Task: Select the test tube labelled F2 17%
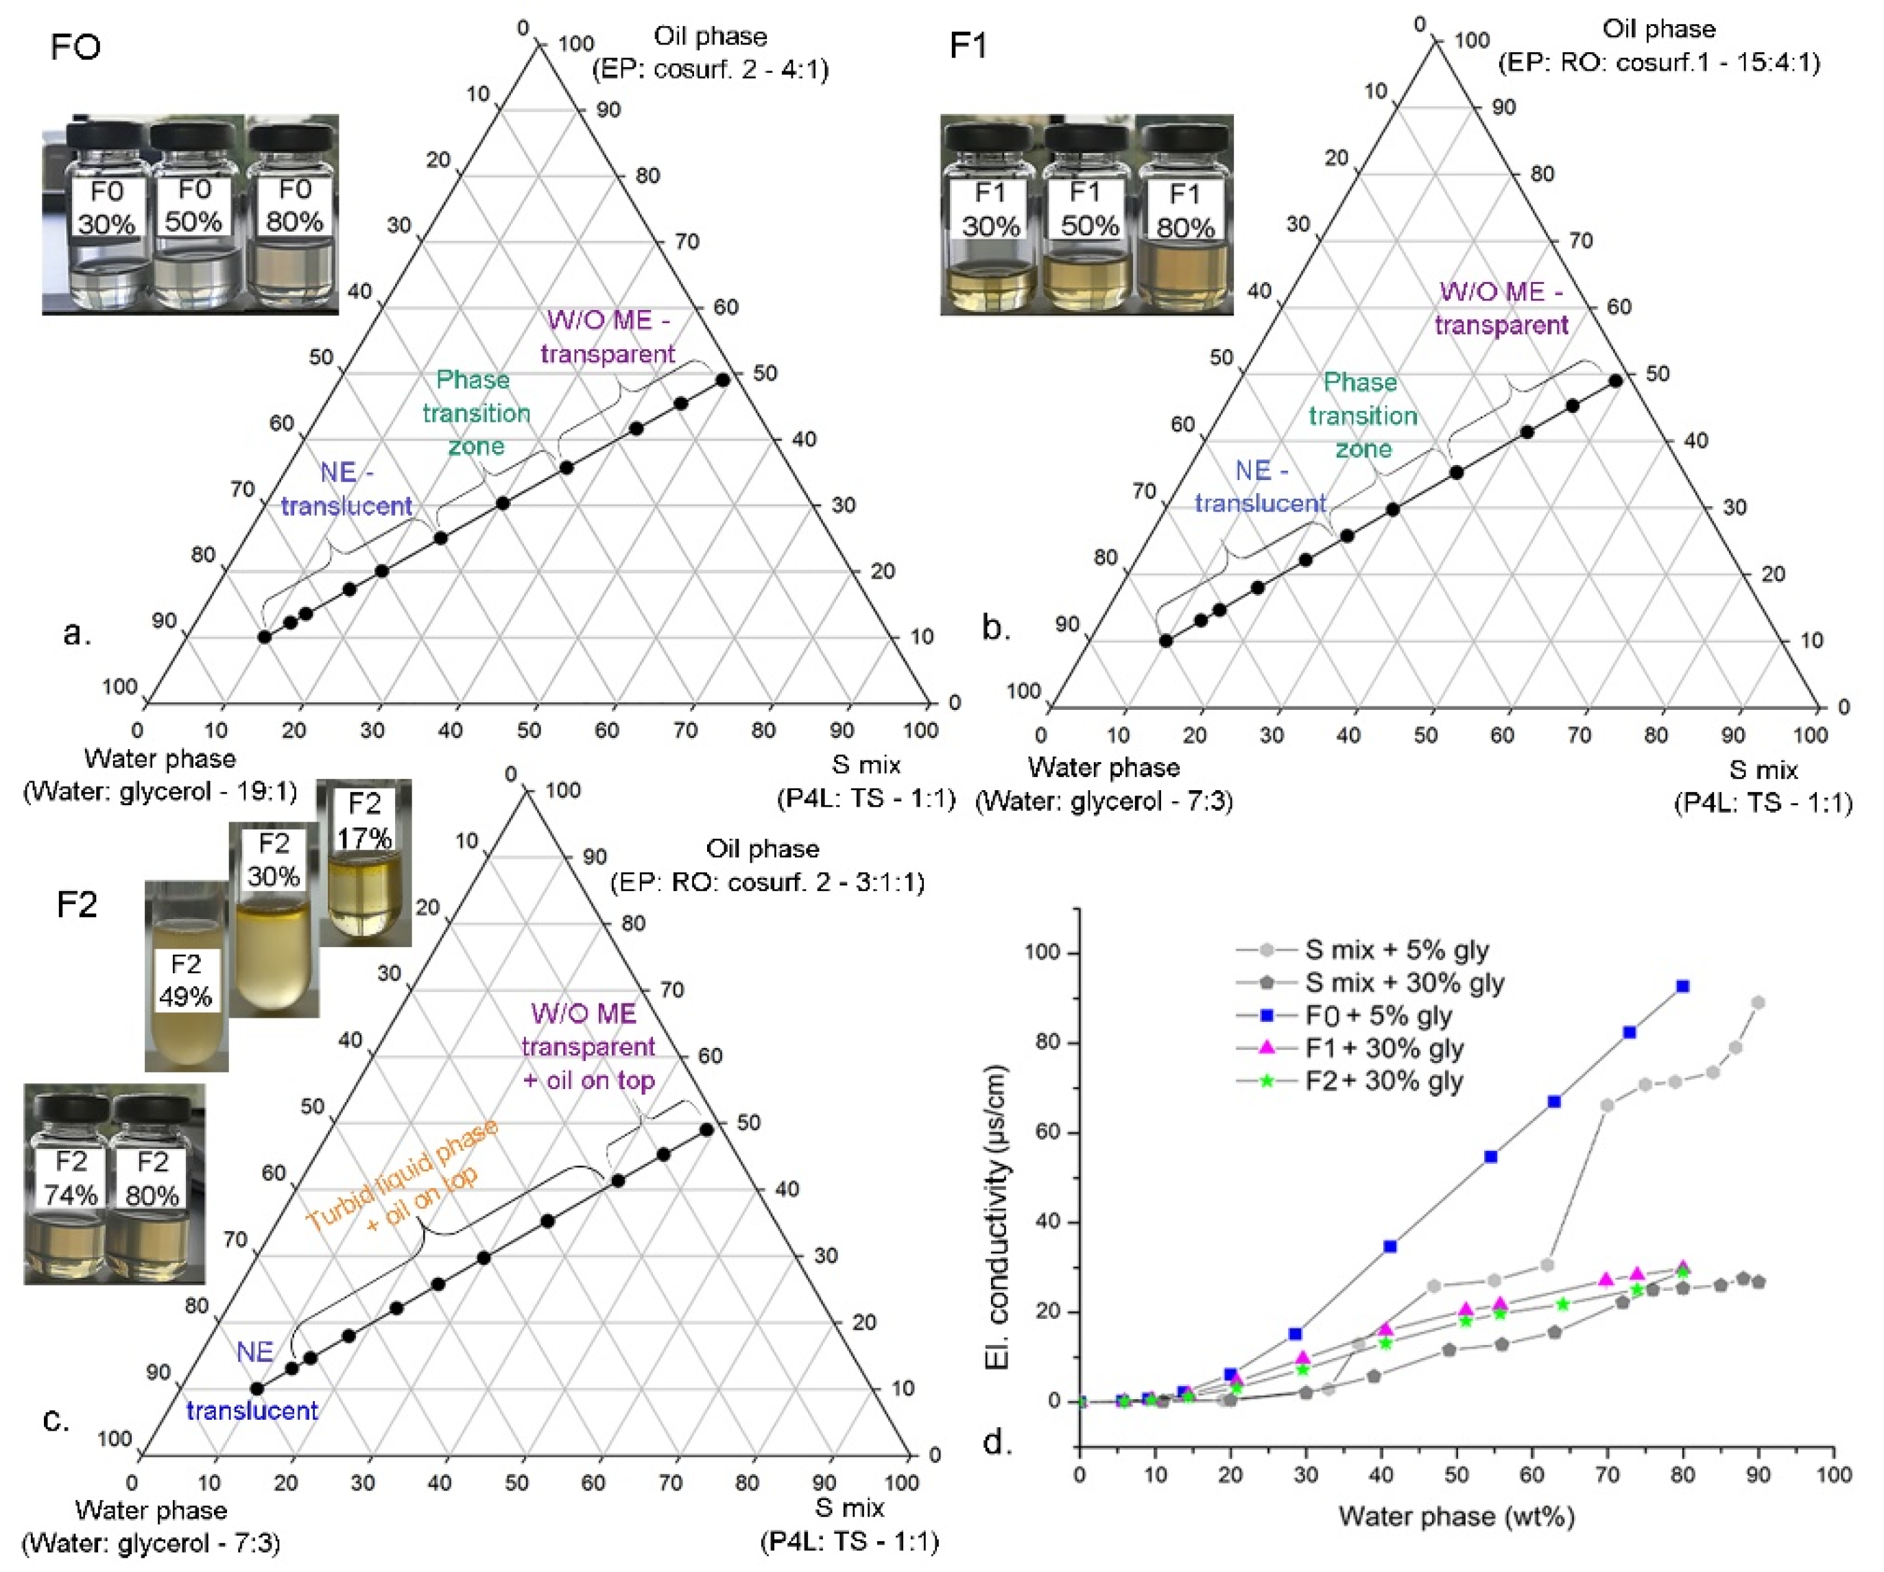click(363, 861)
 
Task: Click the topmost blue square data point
click(1682, 986)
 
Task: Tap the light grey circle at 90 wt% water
click(1758, 1002)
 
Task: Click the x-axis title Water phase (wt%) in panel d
click(1456, 1516)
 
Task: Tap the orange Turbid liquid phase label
click(402, 1176)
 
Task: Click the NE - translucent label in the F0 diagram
click(346, 489)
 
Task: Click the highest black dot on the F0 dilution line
click(722, 379)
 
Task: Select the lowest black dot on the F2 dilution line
click(256, 1388)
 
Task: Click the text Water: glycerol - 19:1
click(160, 791)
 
